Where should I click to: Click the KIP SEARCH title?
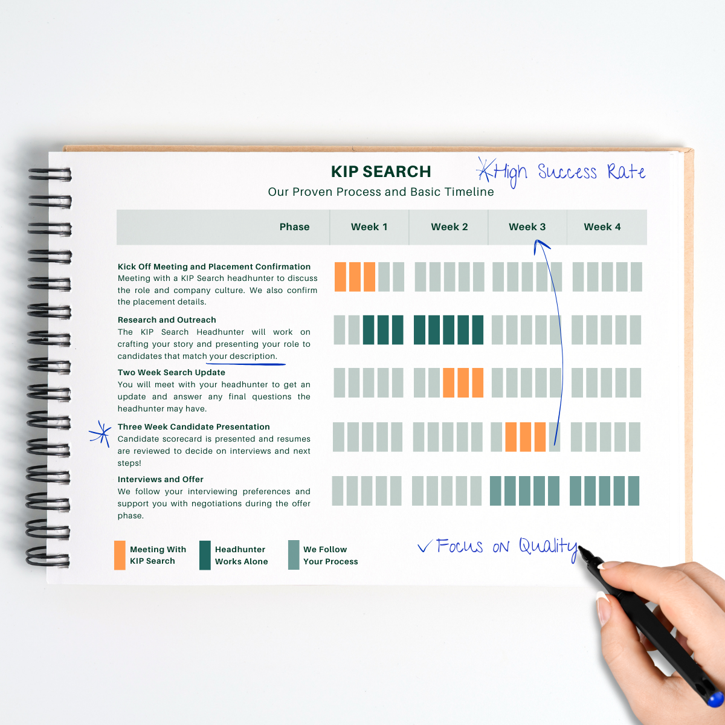click(381, 172)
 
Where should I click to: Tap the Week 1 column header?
click(369, 227)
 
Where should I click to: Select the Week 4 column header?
click(602, 227)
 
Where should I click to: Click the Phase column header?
click(294, 227)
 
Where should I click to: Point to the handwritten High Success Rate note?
click(562, 173)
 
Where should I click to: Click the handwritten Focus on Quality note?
click(498, 547)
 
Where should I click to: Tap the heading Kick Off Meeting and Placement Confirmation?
click(214, 266)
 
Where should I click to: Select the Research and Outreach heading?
click(167, 320)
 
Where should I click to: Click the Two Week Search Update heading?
click(171, 372)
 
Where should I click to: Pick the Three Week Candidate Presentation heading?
click(193, 427)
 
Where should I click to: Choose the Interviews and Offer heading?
click(160, 479)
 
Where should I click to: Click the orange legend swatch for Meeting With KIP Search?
click(120, 555)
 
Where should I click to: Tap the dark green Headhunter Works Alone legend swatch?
click(205, 555)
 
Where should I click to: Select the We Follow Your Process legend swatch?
click(294, 555)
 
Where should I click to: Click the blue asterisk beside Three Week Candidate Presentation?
click(100, 434)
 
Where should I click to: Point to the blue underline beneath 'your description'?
click(245, 364)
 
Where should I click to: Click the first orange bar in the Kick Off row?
click(340, 277)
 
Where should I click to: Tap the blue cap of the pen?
click(716, 698)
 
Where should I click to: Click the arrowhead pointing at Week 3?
click(540, 244)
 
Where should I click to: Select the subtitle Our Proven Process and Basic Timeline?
click(381, 192)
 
